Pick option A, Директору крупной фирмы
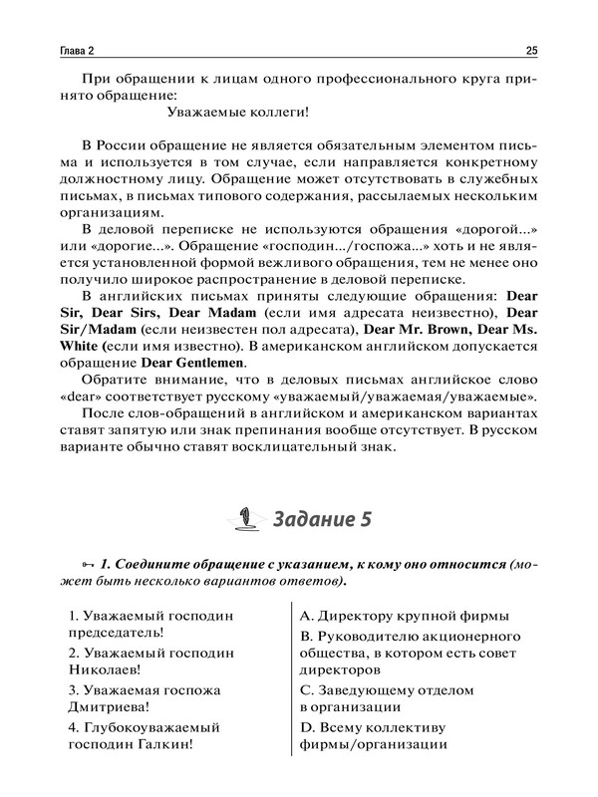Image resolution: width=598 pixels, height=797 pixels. pos(405,613)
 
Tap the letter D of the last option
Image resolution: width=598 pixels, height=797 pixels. pos(306,726)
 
